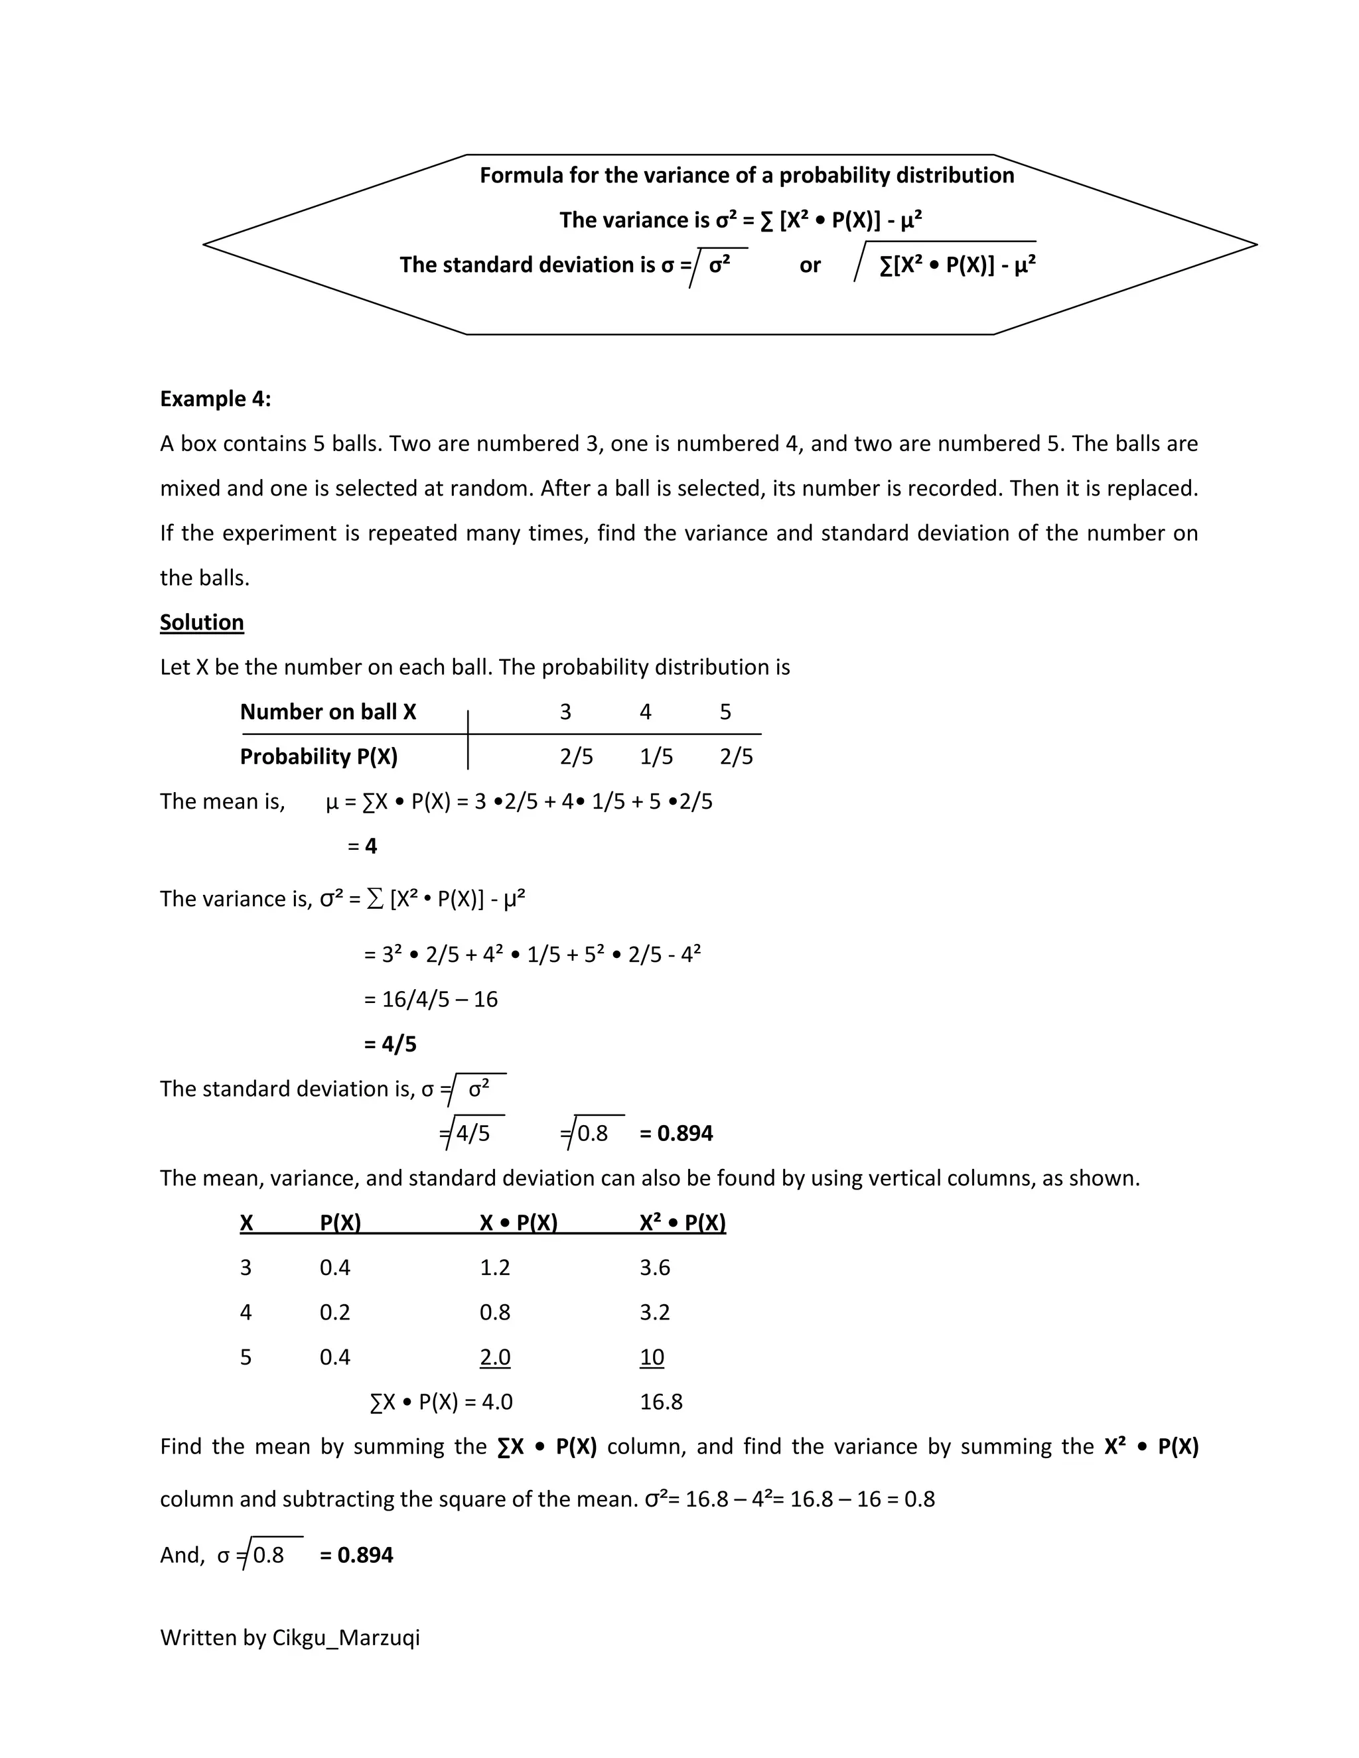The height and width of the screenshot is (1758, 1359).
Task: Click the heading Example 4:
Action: click(x=215, y=399)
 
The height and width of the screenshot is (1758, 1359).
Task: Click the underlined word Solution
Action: click(x=201, y=622)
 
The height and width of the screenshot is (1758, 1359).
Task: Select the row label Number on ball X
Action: click(x=328, y=712)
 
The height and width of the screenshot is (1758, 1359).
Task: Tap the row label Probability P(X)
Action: click(x=319, y=757)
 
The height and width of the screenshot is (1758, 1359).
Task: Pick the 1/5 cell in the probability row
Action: click(x=656, y=757)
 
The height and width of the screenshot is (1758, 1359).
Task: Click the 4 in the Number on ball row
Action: click(x=645, y=712)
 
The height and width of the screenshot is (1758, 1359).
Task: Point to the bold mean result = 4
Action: click(x=363, y=846)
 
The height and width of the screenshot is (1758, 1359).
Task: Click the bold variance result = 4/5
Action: click(x=390, y=1044)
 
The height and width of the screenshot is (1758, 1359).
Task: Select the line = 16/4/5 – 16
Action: click(x=431, y=999)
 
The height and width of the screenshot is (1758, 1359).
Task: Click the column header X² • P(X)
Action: click(x=683, y=1223)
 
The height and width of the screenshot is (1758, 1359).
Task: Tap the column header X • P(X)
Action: click(x=518, y=1223)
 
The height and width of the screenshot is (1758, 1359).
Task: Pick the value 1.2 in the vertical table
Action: click(x=495, y=1268)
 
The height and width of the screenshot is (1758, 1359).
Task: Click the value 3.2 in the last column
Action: click(x=654, y=1312)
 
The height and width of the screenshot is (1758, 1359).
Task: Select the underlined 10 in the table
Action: click(x=652, y=1357)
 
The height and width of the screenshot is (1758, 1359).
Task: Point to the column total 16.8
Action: click(x=661, y=1402)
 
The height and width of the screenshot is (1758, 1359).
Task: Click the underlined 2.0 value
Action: click(x=495, y=1357)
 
